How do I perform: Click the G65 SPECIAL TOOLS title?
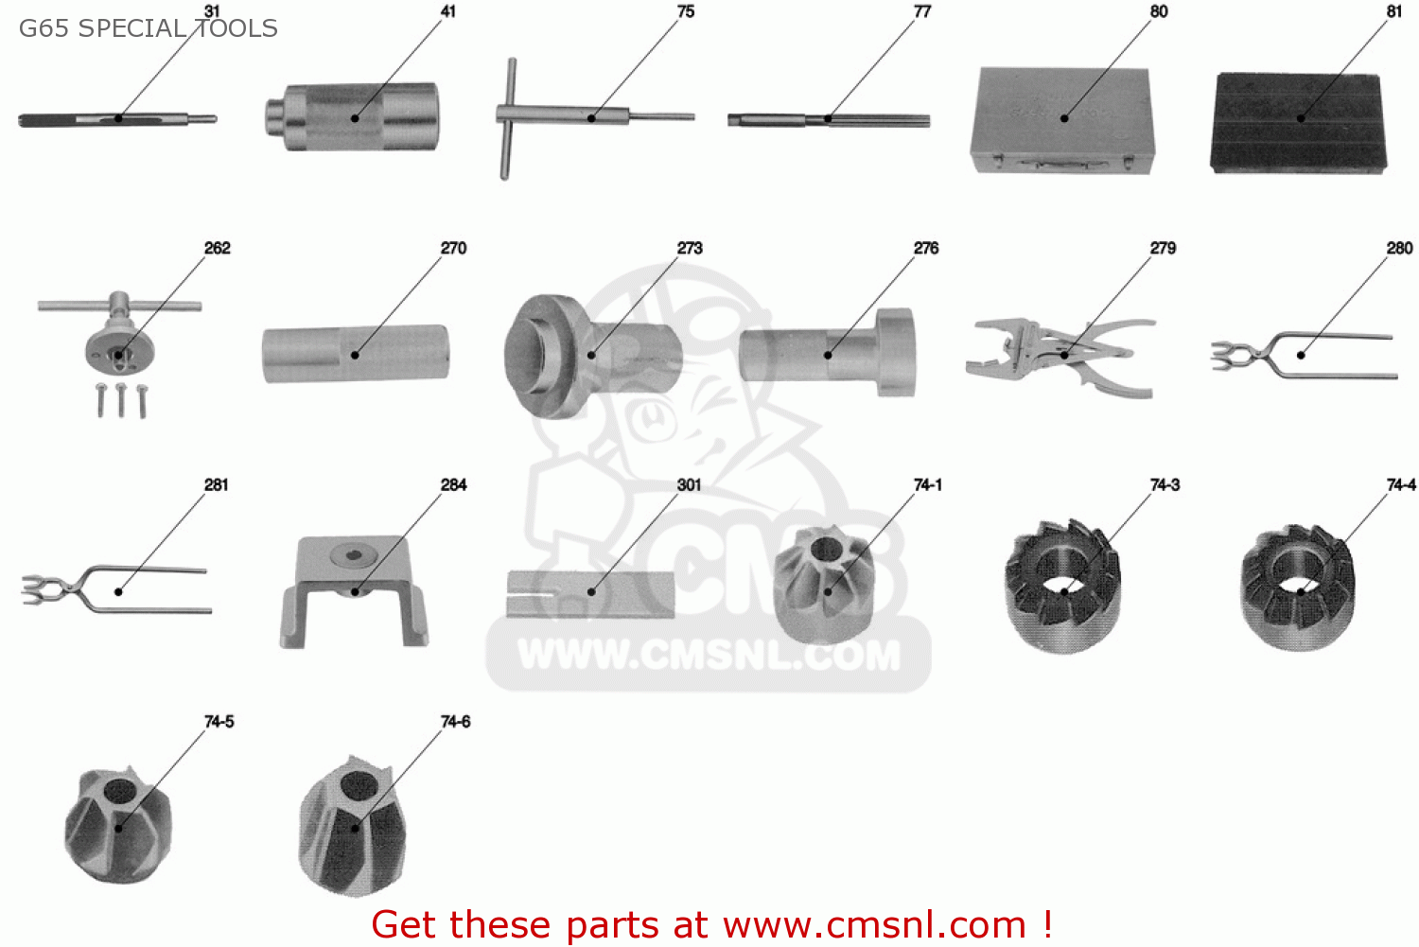pyautogui.click(x=148, y=28)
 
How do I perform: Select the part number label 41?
pyautogui.click(x=447, y=11)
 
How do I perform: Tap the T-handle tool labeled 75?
pyautogui.click(x=568, y=116)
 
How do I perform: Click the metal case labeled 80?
pyautogui.click(x=1061, y=120)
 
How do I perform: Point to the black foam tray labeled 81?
pyautogui.click(x=1299, y=122)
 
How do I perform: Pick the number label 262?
pyautogui.click(x=217, y=248)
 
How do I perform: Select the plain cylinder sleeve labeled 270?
pyautogui.click(x=355, y=354)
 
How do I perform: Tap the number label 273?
pyautogui.click(x=690, y=248)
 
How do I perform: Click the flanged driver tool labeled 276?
pyautogui.click(x=828, y=354)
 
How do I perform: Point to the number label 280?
pyautogui.click(x=1399, y=248)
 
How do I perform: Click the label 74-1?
pyautogui.click(x=927, y=484)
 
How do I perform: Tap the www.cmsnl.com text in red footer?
pyautogui.click(x=874, y=924)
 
